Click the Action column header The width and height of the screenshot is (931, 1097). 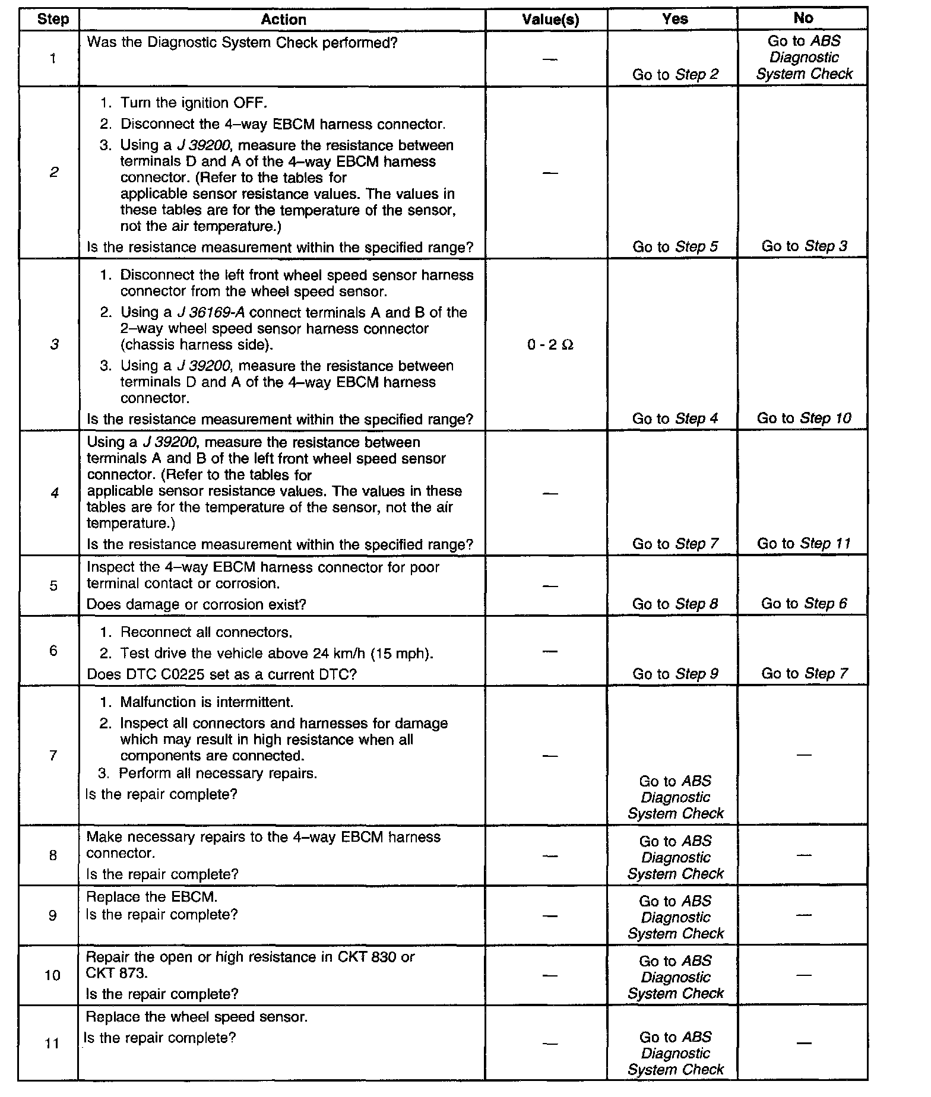283,20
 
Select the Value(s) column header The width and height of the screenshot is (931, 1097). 550,20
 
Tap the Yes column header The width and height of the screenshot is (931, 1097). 674,19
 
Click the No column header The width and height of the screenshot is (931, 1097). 803,18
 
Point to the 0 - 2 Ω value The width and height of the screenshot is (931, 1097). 550,345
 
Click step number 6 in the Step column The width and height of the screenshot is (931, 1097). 53,651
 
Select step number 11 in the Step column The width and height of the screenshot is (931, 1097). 53,1043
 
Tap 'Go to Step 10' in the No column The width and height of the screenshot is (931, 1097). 804,418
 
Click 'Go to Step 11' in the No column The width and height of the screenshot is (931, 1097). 804,544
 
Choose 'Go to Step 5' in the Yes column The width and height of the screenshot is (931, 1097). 675,247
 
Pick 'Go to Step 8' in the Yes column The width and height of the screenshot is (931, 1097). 675,604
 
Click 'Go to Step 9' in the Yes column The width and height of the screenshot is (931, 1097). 675,674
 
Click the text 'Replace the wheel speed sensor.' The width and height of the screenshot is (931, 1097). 197,1017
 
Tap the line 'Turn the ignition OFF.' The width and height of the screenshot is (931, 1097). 194,103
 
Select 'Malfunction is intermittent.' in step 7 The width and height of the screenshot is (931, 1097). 207,702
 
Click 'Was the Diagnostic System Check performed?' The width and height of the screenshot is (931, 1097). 242,43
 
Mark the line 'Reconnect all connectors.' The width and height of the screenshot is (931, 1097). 206,632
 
